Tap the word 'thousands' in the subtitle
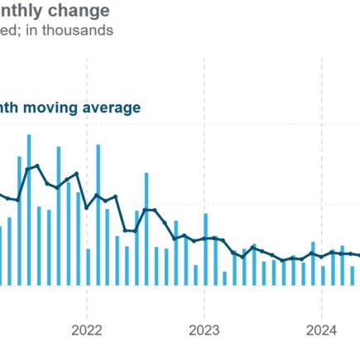tap(80, 31)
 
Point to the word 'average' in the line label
tap(116, 108)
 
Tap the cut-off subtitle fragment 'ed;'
tap(12, 31)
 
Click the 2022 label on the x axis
tap(87, 330)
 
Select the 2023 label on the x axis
tap(204, 330)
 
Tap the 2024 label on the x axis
tap(322, 330)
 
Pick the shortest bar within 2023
tap(224, 278)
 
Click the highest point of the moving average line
tap(36, 166)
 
